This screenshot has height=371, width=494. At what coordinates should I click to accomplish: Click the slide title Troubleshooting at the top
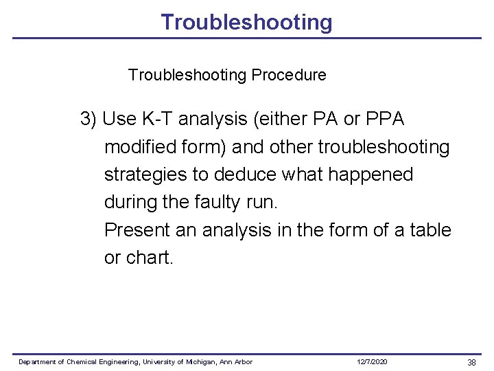246,22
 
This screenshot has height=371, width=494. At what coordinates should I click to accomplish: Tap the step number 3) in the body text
89,120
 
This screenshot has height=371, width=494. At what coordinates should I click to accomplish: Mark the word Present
137,229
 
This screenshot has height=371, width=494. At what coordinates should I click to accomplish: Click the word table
430,229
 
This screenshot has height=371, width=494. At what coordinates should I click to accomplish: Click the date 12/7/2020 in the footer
372,362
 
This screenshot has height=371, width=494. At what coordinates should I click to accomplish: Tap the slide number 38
471,362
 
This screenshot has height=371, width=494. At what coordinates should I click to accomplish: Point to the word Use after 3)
119,120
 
